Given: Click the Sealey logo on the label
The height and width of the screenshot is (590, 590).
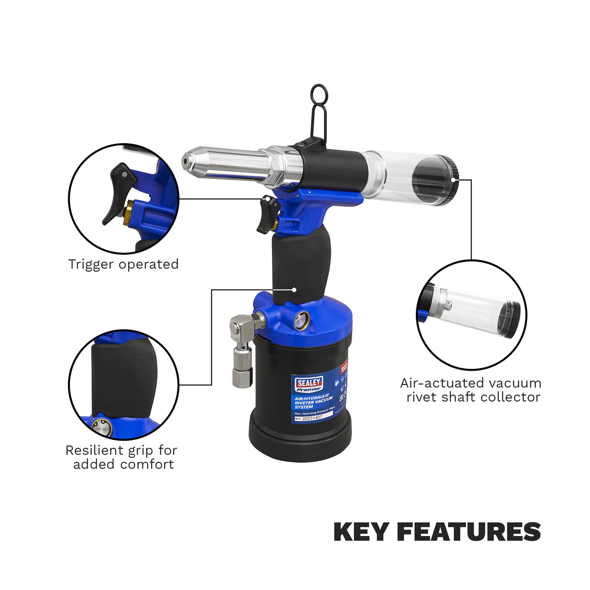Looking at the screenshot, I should click(309, 383).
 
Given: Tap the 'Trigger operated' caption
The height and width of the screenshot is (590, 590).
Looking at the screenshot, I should click(123, 264).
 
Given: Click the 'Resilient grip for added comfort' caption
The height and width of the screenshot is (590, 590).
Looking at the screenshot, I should click(122, 457).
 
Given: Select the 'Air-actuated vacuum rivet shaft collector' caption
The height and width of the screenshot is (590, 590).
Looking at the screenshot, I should click(471, 390).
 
